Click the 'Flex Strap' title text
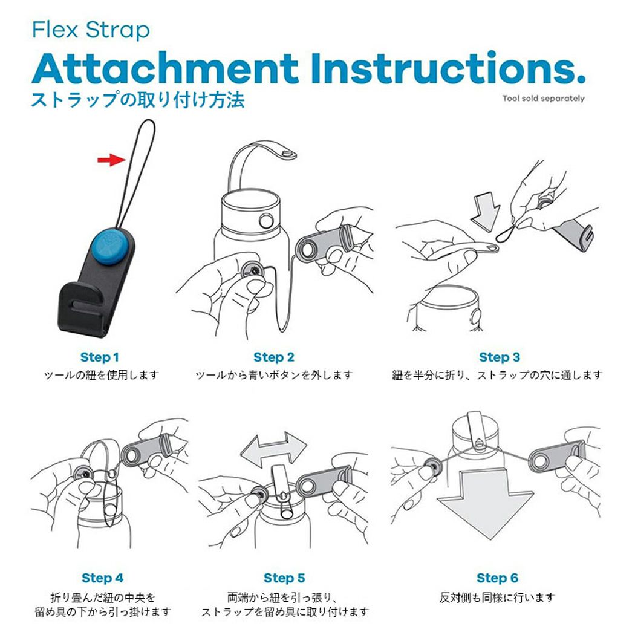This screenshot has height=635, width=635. [91, 31]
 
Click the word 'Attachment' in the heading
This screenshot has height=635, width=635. [165, 68]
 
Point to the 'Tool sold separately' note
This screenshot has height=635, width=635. [544, 99]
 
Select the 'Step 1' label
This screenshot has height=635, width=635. [99, 357]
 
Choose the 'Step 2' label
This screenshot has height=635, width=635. [274, 357]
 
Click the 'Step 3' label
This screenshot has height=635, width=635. [500, 357]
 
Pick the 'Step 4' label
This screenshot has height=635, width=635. [102, 578]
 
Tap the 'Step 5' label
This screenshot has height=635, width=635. [284, 578]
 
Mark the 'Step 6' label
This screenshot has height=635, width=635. [497, 578]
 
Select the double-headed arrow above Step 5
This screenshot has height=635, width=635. [274, 449]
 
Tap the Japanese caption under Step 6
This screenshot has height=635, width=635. [497, 598]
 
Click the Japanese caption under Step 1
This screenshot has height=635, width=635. [101, 375]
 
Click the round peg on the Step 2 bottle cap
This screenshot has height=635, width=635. [266, 221]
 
